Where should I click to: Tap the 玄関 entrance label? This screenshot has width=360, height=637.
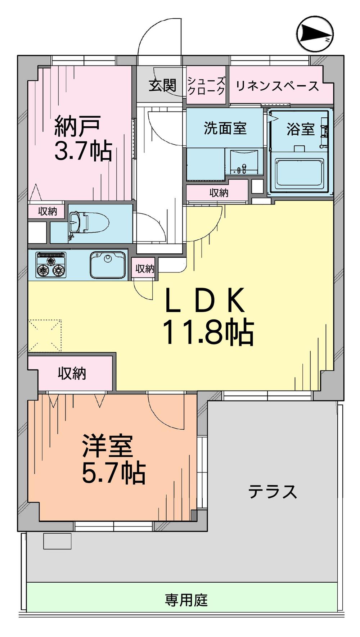tap(163, 86)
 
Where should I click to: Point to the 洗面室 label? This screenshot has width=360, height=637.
tap(225, 128)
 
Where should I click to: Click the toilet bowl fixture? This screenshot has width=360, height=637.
tap(93, 223)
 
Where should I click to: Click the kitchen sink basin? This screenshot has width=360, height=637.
tap(108, 265)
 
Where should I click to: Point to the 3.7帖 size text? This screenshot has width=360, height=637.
tap(83, 151)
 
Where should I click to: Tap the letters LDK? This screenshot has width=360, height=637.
tap(204, 300)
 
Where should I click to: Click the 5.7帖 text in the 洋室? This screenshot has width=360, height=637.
tap(113, 473)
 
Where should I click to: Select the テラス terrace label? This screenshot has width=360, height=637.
tap(273, 491)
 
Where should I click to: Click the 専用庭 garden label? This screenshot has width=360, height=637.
tap(186, 600)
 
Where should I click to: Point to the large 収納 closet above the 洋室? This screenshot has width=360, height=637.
tap(72, 374)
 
